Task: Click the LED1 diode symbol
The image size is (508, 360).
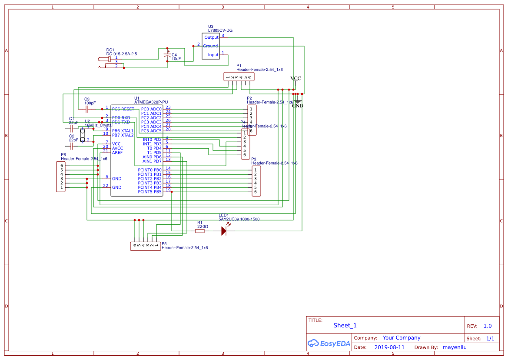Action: pyautogui.click(x=224, y=231)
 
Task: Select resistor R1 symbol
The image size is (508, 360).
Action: pyautogui.click(x=200, y=231)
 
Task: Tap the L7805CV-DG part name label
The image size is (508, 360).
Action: pyautogui.click(x=220, y=30)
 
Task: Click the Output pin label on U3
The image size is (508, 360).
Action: pyautogui.click(x=212, y=37)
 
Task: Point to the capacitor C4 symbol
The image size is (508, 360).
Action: pyautogui.click(x=167, y=57)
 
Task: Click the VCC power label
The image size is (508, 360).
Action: pyautogui.click(x=296, y=79)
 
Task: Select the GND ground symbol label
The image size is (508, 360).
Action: pyautogui.click(x=298, y=106)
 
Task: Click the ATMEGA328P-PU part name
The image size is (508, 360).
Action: pyautogui.click(x=151, y=102)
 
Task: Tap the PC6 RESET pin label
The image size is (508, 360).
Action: pyautogui.click(x=123, y=109)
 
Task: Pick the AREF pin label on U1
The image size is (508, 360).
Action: pyautogui.click(x=117, y=153)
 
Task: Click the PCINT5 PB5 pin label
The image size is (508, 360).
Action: pyautogui.click(x=149, y=192)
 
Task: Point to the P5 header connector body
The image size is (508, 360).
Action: pyautogui.click(x=145, y=246)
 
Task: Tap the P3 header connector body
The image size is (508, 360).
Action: pyautogui.click(x=256, y=181)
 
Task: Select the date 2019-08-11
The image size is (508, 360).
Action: pyautogui.click(x=389, y=347)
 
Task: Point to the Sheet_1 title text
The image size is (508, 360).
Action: pyautogui.click(x=345, y=325)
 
